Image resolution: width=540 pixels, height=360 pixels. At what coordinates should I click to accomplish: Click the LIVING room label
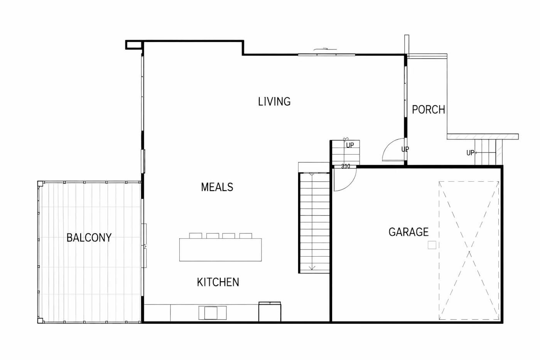[x=274, y=101]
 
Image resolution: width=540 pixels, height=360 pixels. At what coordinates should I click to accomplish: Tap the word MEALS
[x=217, y=187]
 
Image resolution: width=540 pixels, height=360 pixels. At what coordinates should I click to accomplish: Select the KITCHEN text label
[x=218, y=282]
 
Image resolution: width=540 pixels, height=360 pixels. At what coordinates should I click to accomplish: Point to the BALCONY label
[x=89, y=238]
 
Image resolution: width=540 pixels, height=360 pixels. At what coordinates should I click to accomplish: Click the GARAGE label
[x=408, y=232]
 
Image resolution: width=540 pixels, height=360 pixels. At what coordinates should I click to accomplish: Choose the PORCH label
[x=429, y=110]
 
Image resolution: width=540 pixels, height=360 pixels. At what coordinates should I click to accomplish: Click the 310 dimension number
[x=346, y=166]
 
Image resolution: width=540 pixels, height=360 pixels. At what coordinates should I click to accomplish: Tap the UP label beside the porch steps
[x=470, y=153]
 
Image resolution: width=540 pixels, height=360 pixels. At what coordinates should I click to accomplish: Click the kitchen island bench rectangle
[x=220, y=250]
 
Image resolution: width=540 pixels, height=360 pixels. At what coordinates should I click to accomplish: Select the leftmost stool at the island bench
[x=196, y=236]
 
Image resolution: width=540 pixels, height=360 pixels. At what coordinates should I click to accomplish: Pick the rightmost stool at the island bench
[x=246, y=236]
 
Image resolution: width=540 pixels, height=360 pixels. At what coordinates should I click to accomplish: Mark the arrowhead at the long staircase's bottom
[x=312, y=268]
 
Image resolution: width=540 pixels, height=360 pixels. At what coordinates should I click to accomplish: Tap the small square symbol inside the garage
[x=432, y=245]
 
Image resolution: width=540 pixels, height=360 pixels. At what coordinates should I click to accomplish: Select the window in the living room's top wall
[x=326, y=55]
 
